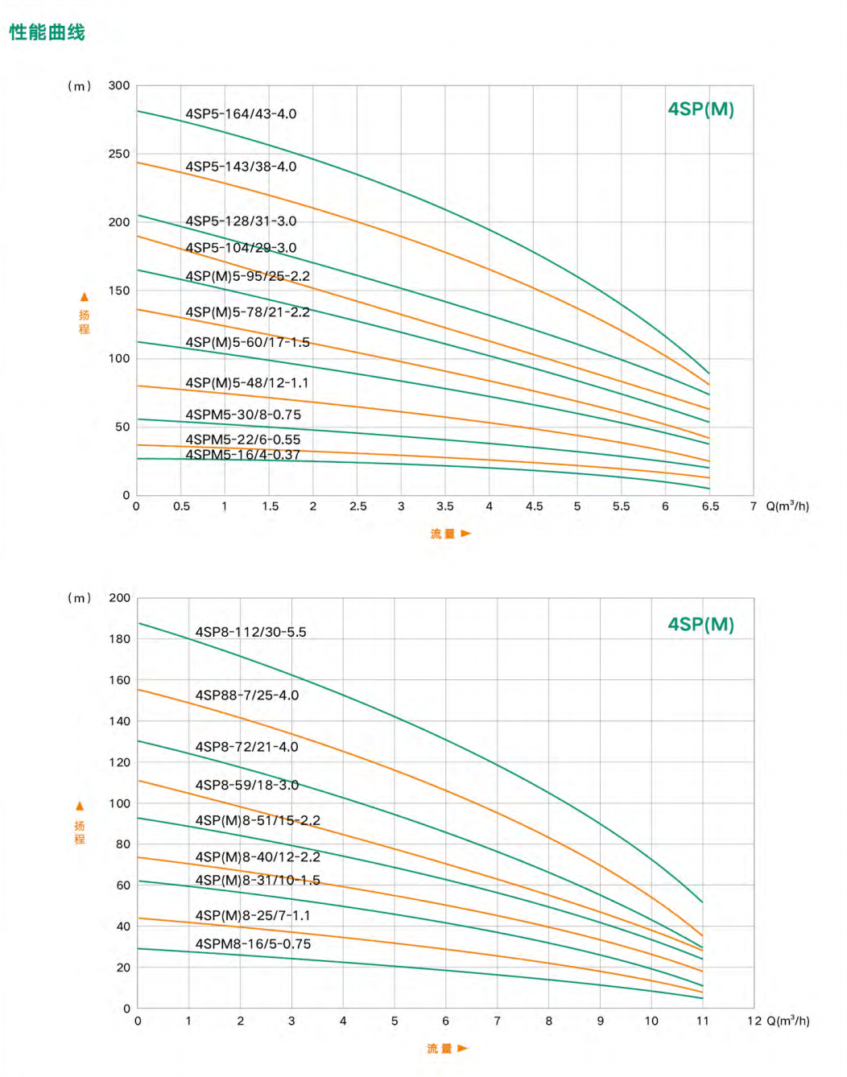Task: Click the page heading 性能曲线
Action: click(x=47, y=32)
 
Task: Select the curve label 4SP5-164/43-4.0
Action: click(x=241, y=114)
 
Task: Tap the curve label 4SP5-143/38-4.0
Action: click(x=241, y=167)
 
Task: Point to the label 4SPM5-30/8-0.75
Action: click(x=243, y=415)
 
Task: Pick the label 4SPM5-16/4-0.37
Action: click(x=242, y=455)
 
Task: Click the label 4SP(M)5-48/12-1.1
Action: click(x=246, y=383)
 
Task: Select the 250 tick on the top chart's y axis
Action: click(x=119, y=154)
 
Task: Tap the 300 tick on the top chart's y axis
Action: click(x=119, y=85)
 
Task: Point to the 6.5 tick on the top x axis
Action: click(x=710, y=506)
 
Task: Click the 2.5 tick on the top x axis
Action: click(x=358, y=506)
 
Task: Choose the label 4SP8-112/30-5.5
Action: click(x=250, y=633)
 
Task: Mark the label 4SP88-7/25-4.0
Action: click(x=246, y=695)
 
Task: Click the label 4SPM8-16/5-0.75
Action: click(x=253, y=944)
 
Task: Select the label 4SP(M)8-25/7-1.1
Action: click(x=252, y=916)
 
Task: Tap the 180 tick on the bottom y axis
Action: click(x=120, y=639)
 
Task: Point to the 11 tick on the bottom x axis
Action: click(x=703, y=1021)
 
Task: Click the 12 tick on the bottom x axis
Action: click(x=754, y=1021)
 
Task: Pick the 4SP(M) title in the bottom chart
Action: click(x=700, y=625)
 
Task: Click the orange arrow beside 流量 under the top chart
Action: click(x=465, y=533)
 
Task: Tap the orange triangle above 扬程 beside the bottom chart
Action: click(x=80, y=806)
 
